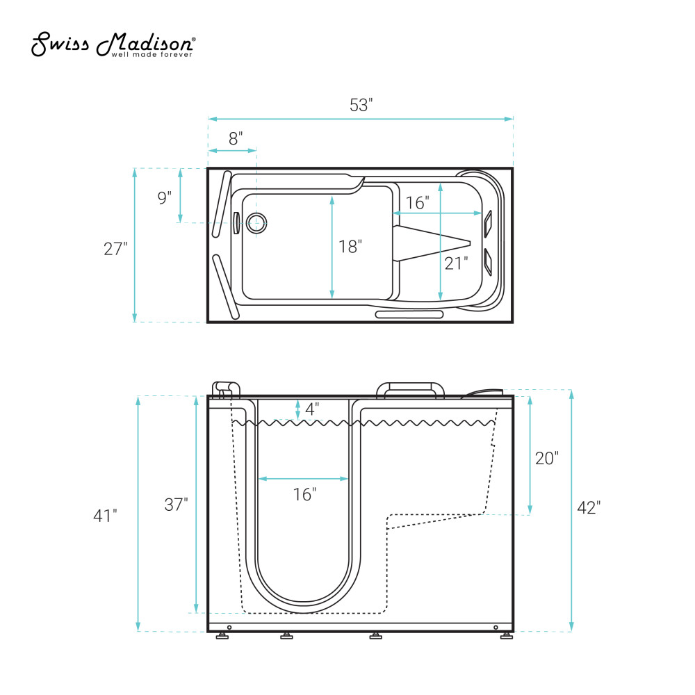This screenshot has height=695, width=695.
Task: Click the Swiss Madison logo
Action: click(x=113, y=44)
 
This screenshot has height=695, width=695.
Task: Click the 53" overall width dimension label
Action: click(x=361, y=105)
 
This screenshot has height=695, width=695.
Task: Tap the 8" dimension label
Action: click(x=236, y=138)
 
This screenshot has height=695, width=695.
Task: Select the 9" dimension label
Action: click(x=165, y=197)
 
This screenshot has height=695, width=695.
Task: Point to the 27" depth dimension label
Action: click(x=115, y=249)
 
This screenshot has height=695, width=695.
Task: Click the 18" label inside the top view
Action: click(x=350, y=247)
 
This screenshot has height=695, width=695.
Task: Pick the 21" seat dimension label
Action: click(x=456, y=263)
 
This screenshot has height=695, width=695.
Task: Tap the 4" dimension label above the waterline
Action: click(x=312, y=409)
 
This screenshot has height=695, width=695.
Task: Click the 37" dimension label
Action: click(x=176, y=505)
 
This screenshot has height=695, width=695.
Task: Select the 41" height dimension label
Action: click(x=105, y=516)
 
